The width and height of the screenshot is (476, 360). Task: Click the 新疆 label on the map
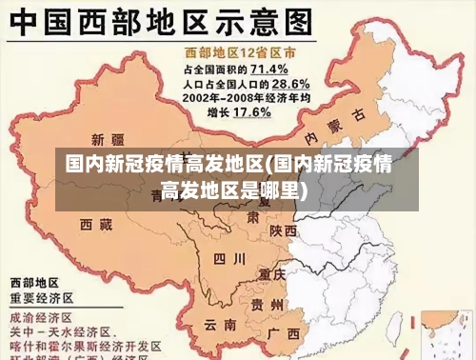107,138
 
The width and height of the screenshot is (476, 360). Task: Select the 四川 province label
228,258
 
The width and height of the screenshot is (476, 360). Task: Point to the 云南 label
219,325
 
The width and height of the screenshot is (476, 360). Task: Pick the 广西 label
284,334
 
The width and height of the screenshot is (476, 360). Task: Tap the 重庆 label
272,275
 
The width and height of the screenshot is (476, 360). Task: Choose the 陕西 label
283,231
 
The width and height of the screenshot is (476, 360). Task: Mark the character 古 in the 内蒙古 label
358,114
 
